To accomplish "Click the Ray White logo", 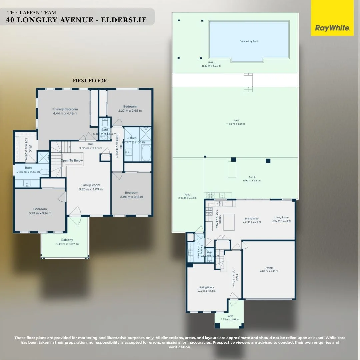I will (332, 28).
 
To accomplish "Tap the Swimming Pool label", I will (249, 41).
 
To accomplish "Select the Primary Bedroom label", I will (65, 109).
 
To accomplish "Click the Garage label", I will (269, 268).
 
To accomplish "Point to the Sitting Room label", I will (206, 287).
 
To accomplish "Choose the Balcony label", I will (67, 240).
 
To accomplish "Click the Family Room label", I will (91, 185).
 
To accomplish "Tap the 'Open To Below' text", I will (72, 160).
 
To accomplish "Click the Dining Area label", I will (251, 219).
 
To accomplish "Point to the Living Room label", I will (281, 217).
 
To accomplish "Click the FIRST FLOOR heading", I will (90, 81).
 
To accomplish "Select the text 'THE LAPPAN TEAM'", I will (32, 13).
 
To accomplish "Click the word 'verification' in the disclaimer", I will (180, 347).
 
